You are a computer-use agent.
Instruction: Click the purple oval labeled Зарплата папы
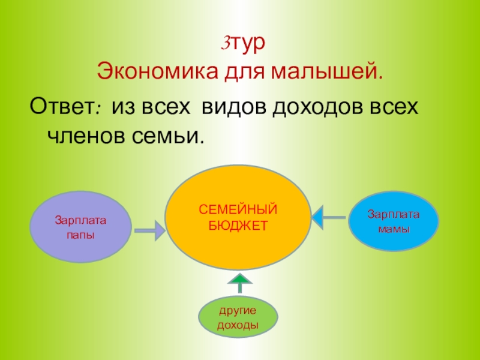click(x=80, y=227)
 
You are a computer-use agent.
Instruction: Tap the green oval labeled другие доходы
click(x=238, y=317)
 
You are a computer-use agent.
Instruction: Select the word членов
click(x=83, y=136)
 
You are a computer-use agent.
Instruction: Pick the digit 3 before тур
click(x=227, y=44)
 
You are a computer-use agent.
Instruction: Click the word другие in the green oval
click(x=238, y=311)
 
